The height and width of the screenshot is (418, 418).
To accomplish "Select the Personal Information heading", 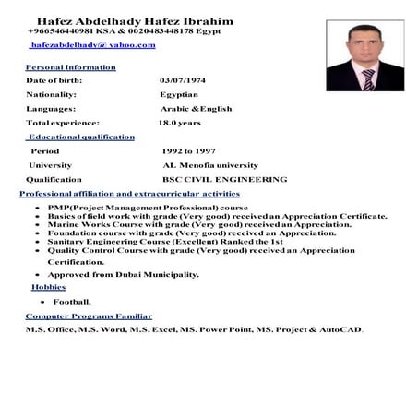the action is click(70, 67).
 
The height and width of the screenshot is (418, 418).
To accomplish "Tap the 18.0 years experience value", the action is click(179, 122).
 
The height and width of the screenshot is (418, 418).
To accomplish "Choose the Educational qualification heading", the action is click(80, 137).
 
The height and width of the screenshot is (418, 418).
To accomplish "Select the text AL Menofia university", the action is click(209, 164).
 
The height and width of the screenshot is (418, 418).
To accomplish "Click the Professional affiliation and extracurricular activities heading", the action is click(129, 194).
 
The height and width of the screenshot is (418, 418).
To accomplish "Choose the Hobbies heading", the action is click(48, 287).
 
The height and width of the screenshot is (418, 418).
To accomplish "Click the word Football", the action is click(71, 302).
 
